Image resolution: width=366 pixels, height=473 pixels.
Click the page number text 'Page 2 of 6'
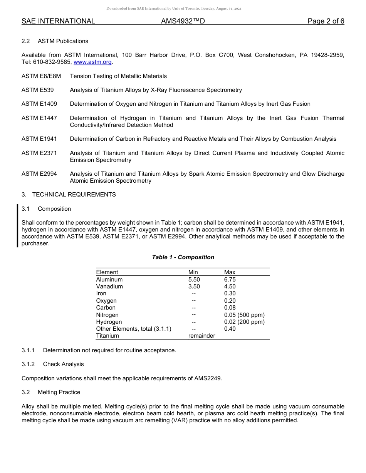click(326, 22)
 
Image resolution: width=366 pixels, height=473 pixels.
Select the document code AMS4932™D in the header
click(183, 22)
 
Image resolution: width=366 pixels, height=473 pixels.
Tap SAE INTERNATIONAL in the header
click(58, 22)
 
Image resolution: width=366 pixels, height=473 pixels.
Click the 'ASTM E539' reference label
click(37, 90)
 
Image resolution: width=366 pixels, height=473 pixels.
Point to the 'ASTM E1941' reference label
click(39, 139)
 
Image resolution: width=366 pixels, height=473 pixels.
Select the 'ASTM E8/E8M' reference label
click(41, 76)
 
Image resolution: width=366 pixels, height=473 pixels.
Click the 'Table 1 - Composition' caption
click(183, 257)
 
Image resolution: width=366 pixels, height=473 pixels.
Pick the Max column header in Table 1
click(230, 272)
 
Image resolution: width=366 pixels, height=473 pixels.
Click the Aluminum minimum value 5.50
click(194, 280)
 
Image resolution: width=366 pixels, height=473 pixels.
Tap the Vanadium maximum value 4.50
click(230, 286)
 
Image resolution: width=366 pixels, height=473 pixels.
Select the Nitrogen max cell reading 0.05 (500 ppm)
click(244, 315)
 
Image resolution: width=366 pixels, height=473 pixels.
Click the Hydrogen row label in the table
click(109, 322)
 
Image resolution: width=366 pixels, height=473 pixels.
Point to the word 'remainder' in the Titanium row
click(201, 336)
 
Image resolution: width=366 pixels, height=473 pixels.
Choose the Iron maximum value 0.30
click(230, 293)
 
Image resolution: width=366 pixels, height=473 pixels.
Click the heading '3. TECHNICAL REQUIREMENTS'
click(69, 195)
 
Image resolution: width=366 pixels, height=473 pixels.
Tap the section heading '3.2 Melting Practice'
click(51, 392)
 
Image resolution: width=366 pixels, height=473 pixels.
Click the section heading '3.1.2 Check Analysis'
click(52, 364)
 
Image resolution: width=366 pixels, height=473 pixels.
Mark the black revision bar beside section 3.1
click(17, 226)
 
